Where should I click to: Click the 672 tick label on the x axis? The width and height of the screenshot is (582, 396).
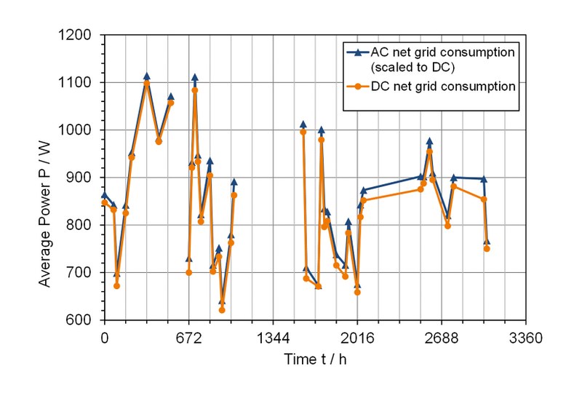(188, 338)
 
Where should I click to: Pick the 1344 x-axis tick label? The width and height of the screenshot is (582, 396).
(273, 338)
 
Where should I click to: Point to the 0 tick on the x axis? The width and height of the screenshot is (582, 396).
(105, 338)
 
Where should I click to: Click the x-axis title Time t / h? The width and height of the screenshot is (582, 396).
(315, 359)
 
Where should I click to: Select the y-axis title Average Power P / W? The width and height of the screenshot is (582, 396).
(46, 178)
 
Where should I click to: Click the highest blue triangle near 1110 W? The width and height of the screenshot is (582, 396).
(146, 76)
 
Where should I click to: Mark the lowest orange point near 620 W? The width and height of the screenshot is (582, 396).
(222, 310)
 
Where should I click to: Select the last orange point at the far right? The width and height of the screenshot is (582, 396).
(487, 249)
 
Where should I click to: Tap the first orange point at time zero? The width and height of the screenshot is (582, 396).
(105, 202)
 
